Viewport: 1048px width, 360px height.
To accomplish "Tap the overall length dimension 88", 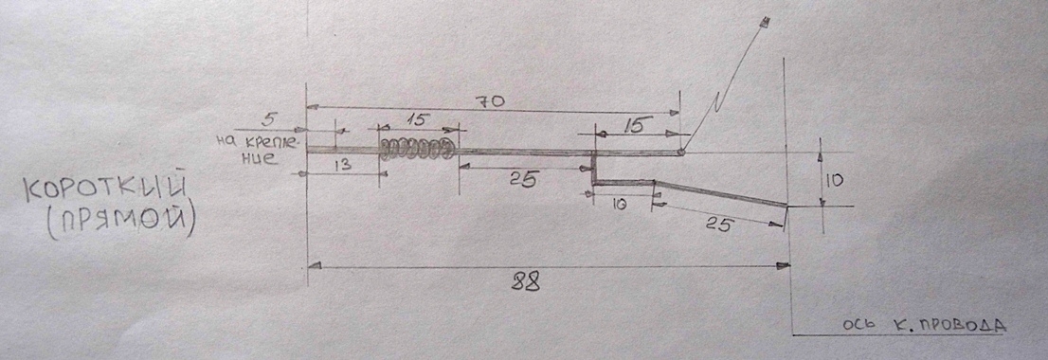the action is point(525,282).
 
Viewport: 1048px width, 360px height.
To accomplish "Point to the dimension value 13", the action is point(344,165).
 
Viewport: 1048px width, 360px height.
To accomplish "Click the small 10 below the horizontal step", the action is point(619,206).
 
